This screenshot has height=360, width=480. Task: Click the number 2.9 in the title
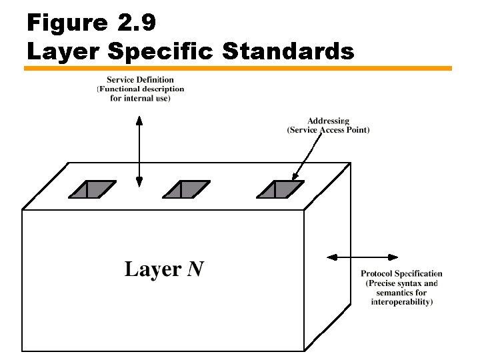pos(137,23)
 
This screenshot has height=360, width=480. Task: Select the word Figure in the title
pos(67,23)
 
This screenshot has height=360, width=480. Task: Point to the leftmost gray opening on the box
pos(91,189)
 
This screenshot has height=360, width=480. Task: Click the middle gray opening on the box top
pos(186,189)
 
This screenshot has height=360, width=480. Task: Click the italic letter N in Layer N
pos(195,269)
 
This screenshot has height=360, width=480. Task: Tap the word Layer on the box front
pos(153,269)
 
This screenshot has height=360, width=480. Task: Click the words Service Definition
pos(140,80)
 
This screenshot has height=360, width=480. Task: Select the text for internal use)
pos(140,98)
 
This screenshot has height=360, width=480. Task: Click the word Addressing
pos(328,121)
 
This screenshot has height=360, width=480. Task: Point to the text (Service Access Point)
pos(328,130)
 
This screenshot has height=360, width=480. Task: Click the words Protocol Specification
pos(401,274)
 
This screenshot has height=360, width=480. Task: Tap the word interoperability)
pos(401,302)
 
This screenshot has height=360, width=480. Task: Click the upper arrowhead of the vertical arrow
pos(139,120)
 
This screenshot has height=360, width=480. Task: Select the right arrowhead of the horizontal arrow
pos(394,257)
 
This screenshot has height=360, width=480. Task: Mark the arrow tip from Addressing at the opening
pos(294,179)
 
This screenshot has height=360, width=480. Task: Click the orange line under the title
pos(239,68)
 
